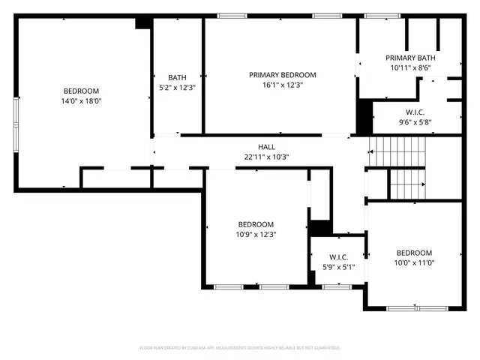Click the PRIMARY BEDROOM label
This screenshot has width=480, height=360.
point(282,75)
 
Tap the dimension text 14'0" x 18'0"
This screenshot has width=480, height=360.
point(82,100)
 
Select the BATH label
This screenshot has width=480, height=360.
point(177,77)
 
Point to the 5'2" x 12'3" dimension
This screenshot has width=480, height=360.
point(177,87)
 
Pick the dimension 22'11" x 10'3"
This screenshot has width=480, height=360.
point(267,157)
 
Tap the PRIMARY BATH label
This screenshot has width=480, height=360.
point(410,58)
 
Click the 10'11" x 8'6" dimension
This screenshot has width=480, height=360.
point(410,68)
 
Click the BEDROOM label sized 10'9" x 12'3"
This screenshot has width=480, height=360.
point(256,224)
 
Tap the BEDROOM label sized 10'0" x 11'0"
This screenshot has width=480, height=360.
point(414,253)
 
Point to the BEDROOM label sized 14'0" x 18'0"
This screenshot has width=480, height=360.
point(82,91)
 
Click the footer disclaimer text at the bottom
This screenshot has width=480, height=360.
point(240,348)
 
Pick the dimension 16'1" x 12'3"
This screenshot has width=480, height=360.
point(282,85)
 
